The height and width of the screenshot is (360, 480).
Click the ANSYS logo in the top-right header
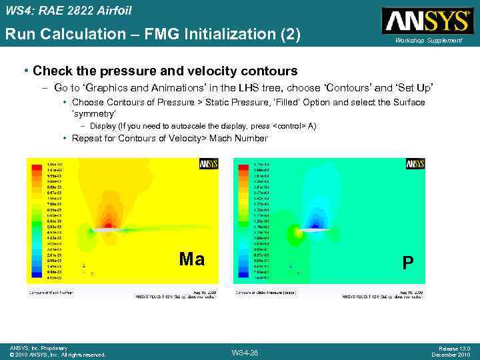pyautogui.click(x=424, y=21)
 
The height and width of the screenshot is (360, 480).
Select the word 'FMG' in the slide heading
pyautogui.click(x=174, y=34)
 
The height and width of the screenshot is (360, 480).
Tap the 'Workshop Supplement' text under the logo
pyautogui.click(x=428, y=41)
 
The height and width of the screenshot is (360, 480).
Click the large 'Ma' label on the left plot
pyautogui.click(x=192, y=259)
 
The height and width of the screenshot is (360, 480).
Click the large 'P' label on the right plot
pyautogui.click(x=408, y=263)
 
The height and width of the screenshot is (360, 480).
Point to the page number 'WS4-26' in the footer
pyautogui.click(x=244, y=352)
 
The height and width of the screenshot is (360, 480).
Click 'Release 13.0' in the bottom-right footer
pyautogui.click(x=455, y=348)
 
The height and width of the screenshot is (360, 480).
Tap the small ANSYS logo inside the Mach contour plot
pyautogui.click(x=209, y=163)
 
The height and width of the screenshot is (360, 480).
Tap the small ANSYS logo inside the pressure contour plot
pyautogui.click(x=415, y=163)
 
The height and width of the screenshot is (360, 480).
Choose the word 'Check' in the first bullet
pyautogui.click(x=49, y=71)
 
